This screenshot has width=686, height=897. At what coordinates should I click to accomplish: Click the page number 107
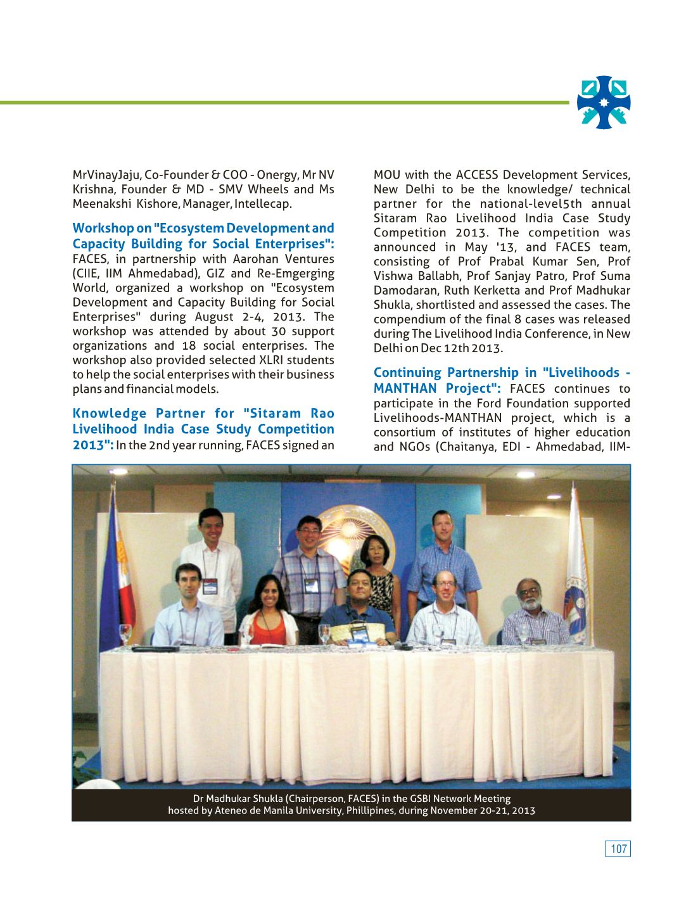[618, 849]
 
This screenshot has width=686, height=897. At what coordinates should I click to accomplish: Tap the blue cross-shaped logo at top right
[604, 102]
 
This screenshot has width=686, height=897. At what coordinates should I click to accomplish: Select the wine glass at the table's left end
[126, 634]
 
